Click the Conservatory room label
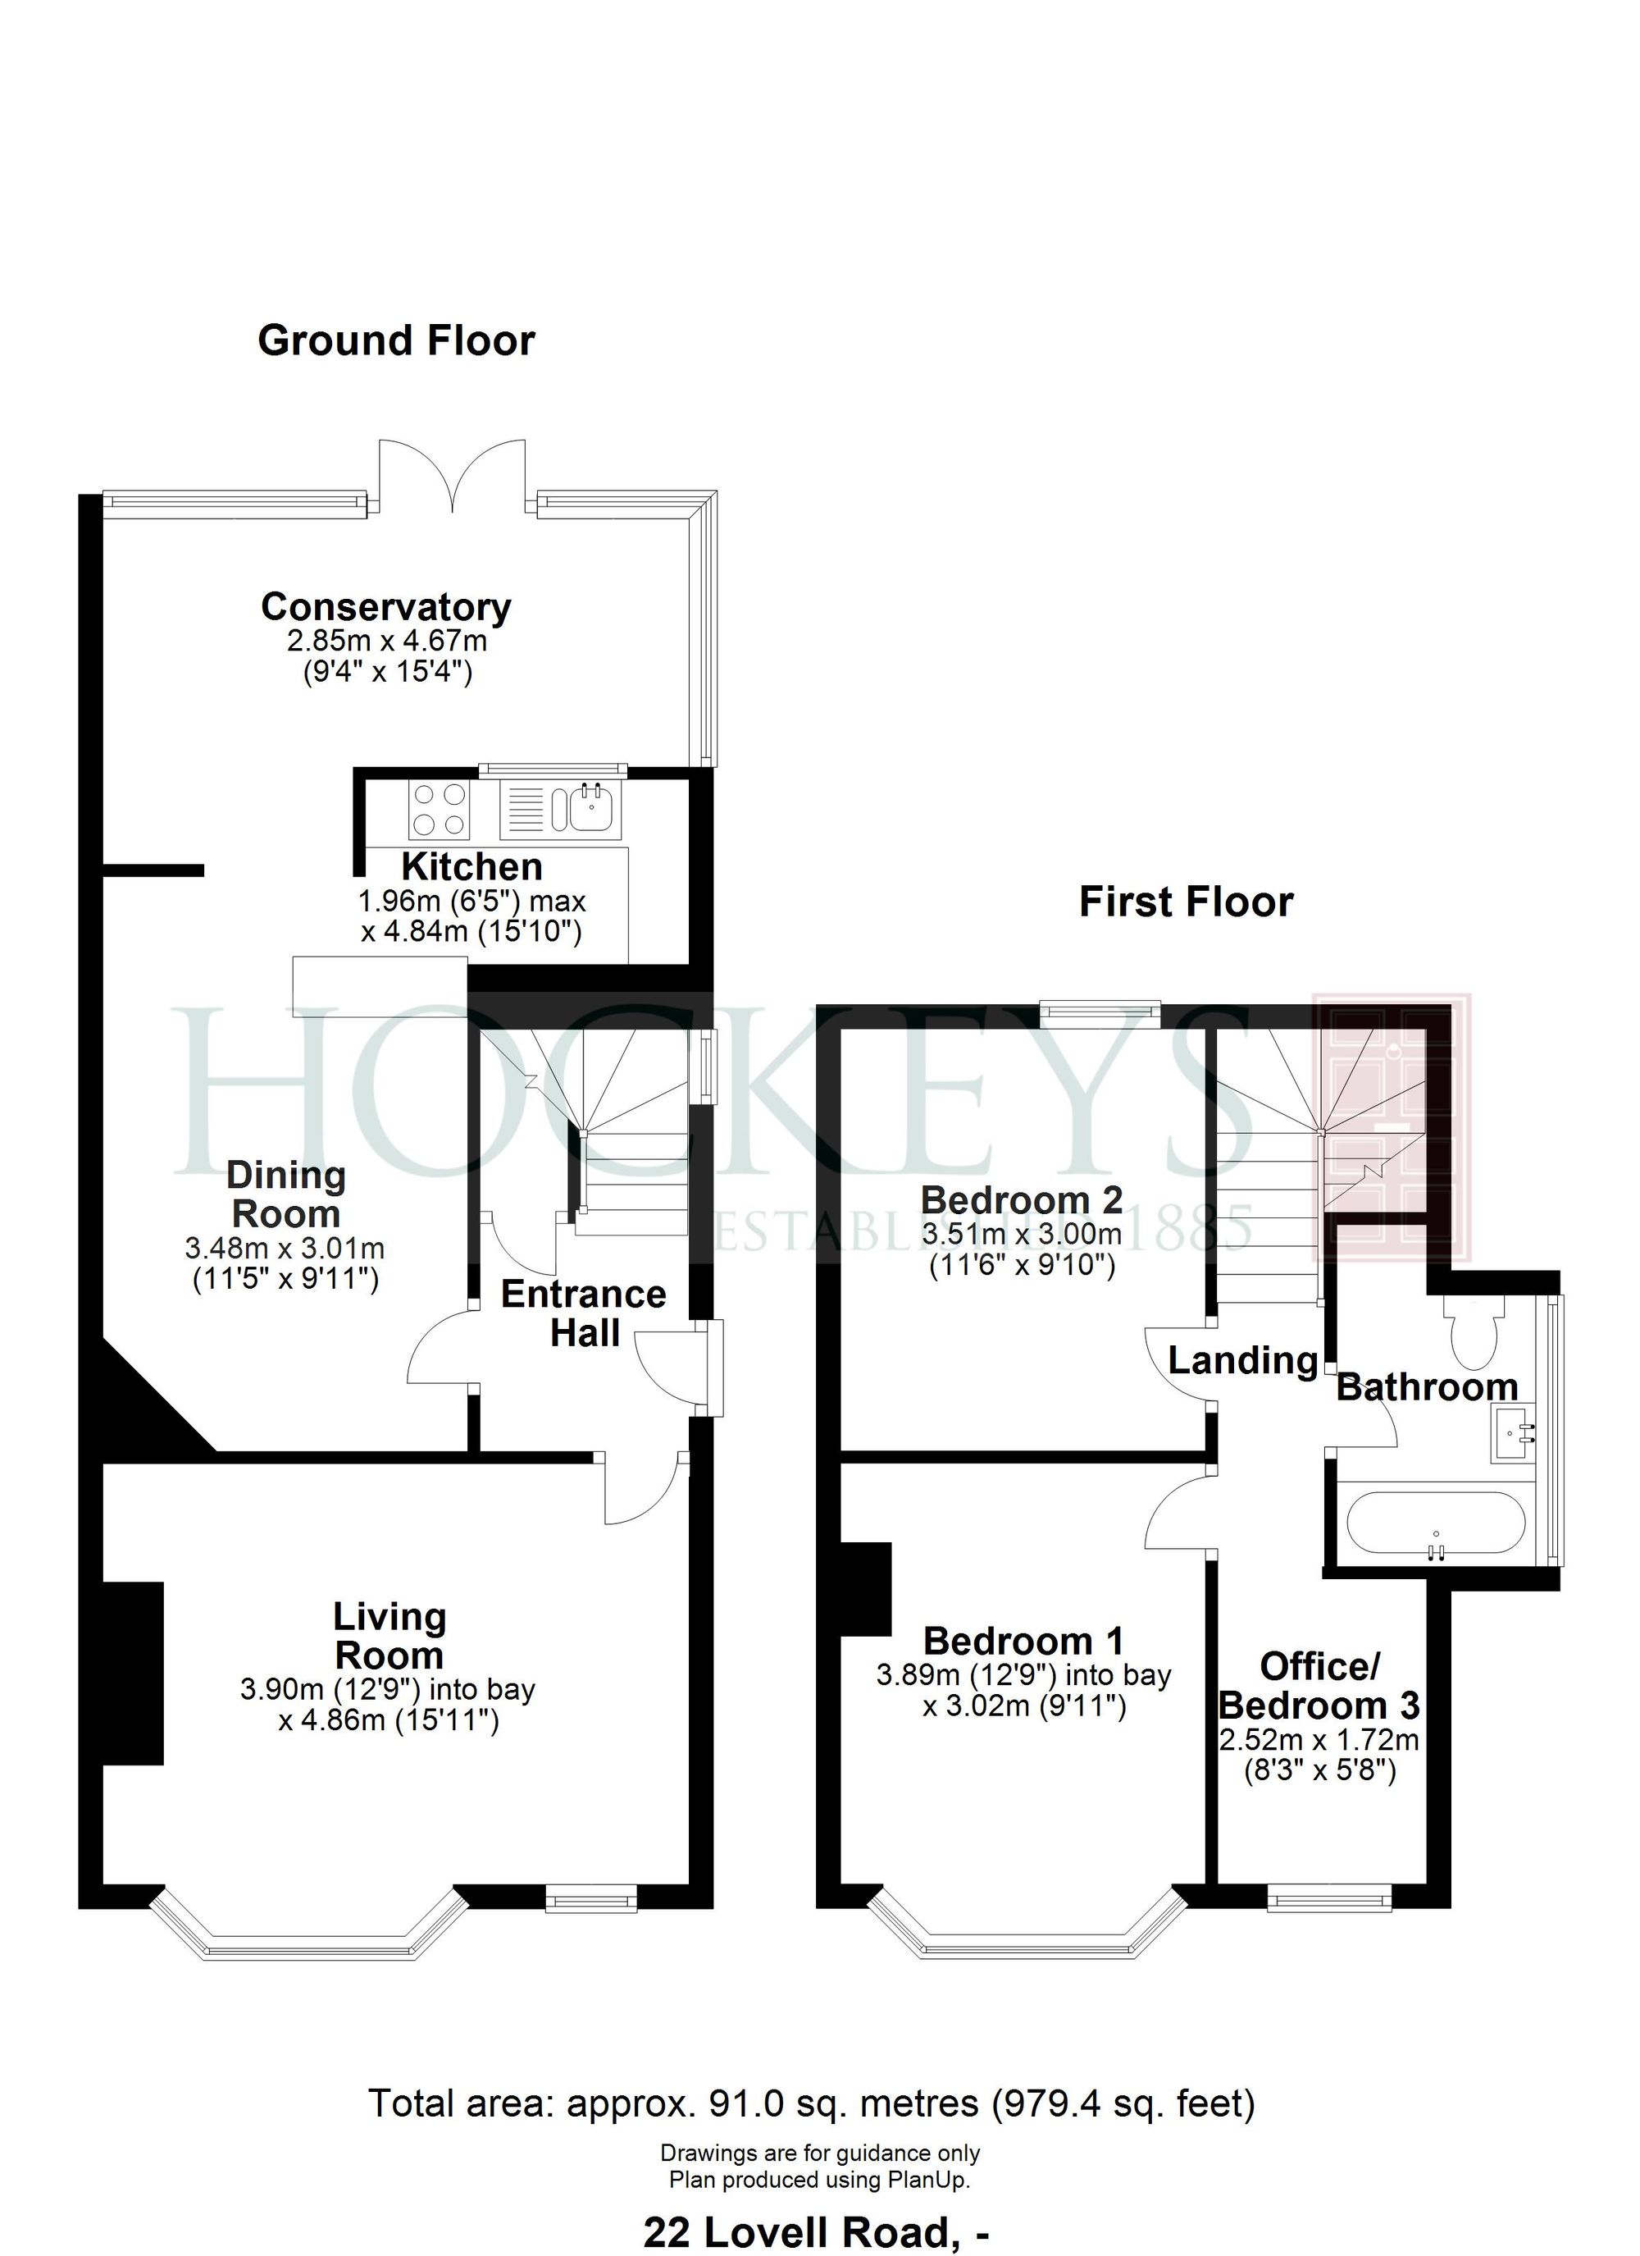click(386, 607)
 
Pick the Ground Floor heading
click(396, 341)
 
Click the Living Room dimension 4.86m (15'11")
click(388, 1749)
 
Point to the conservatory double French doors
click(453, 476)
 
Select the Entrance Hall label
click(584, 1313)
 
